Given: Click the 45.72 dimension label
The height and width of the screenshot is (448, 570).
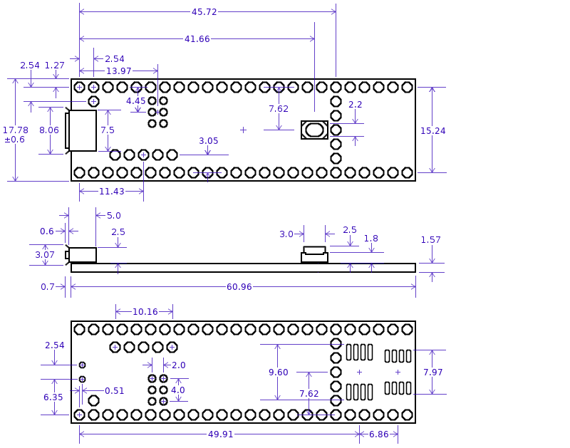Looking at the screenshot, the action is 204,12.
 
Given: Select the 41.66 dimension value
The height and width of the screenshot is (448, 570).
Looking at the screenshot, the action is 197,39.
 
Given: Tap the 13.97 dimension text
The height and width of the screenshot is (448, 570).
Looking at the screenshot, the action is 118,71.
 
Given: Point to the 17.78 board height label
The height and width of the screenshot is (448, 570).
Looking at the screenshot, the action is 15,130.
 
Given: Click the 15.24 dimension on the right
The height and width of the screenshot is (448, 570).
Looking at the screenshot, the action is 432,131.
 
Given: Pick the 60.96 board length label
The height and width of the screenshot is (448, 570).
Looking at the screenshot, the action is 239,287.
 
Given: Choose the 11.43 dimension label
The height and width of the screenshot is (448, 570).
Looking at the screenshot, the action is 112,192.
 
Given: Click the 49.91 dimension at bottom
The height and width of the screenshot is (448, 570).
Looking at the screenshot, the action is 220,434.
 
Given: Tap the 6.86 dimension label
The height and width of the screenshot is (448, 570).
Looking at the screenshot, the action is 379,434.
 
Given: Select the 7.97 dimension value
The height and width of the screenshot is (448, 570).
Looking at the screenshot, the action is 433,373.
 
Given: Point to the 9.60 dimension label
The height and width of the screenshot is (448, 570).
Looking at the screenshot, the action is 278,373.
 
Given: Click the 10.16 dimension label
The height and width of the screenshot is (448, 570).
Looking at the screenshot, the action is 145,312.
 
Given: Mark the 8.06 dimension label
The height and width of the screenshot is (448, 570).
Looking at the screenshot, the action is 48,130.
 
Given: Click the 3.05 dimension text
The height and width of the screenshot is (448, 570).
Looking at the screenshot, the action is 208,141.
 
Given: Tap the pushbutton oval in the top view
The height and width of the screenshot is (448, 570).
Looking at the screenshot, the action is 314,130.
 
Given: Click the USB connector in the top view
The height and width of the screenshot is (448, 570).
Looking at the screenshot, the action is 81,130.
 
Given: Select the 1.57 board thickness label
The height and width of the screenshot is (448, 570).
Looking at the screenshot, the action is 430,240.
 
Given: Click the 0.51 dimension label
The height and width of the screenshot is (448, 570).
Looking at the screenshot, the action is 114,391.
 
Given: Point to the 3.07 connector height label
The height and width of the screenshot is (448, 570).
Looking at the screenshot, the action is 45,255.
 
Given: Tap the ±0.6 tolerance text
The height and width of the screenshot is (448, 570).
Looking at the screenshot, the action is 14,140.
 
